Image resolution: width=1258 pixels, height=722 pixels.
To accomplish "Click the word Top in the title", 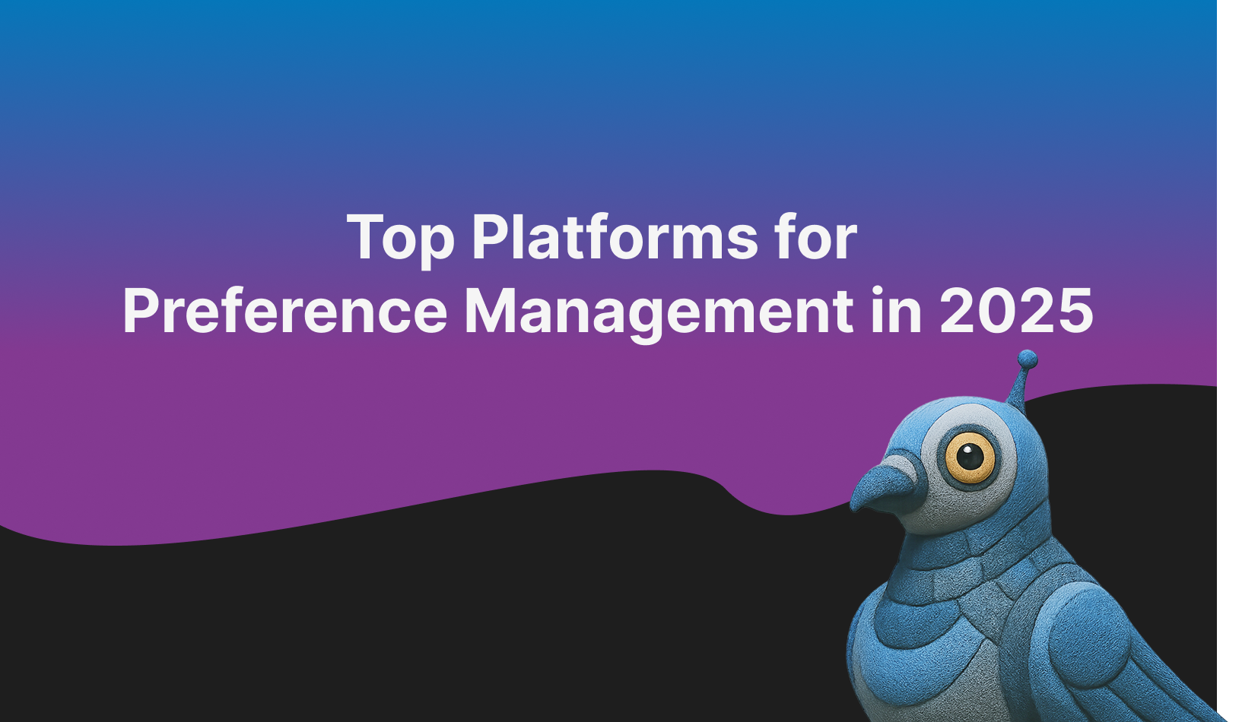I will pyautogui.click(x=401, y=238).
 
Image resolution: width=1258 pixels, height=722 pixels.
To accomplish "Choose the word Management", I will pyautogui.click(x=659, y=312).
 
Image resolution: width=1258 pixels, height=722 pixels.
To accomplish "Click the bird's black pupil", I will pyautogui.click(x=969, y=457).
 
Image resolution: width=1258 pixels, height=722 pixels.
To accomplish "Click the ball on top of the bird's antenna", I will pyautogui.click(x=1028, y=359).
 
